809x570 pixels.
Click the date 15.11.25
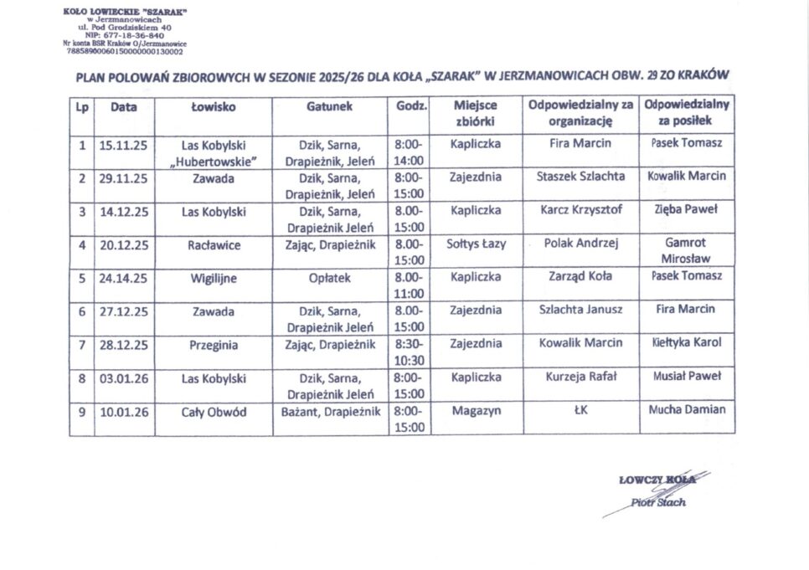point(123,144)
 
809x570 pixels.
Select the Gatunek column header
point(330,107)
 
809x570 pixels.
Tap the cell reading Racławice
point(214,244)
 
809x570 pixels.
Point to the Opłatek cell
point(330,277)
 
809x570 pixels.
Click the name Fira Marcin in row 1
point(580,143)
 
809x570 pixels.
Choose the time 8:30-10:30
point(409,352)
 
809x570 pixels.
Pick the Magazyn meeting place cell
point(476,411)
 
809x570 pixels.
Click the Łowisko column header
point(214,107)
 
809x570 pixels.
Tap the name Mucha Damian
point(687,410)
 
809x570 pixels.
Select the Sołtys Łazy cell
point(476,244)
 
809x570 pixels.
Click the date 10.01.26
point(123,411)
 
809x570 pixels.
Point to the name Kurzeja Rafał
point(580,377)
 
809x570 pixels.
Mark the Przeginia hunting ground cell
point(214,344)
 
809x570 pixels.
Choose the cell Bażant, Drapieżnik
point(330,411)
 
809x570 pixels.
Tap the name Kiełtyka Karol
point(687,343)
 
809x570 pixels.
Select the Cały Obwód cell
point(214,411)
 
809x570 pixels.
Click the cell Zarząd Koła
point(580,276)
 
